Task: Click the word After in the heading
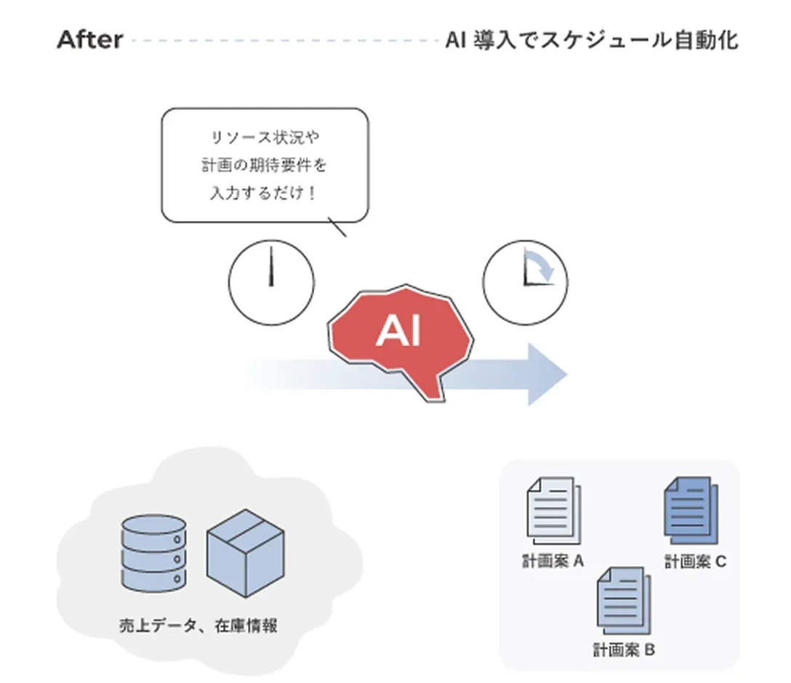[90, 39]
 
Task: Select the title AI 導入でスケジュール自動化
[591, 39]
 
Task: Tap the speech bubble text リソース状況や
[265, 137]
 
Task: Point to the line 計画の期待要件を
[265, 166]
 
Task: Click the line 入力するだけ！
[265, 194]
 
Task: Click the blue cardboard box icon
[246, 551]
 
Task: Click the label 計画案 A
[553, 562]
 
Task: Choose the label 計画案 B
[623, 649]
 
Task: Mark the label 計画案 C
[695, 562]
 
